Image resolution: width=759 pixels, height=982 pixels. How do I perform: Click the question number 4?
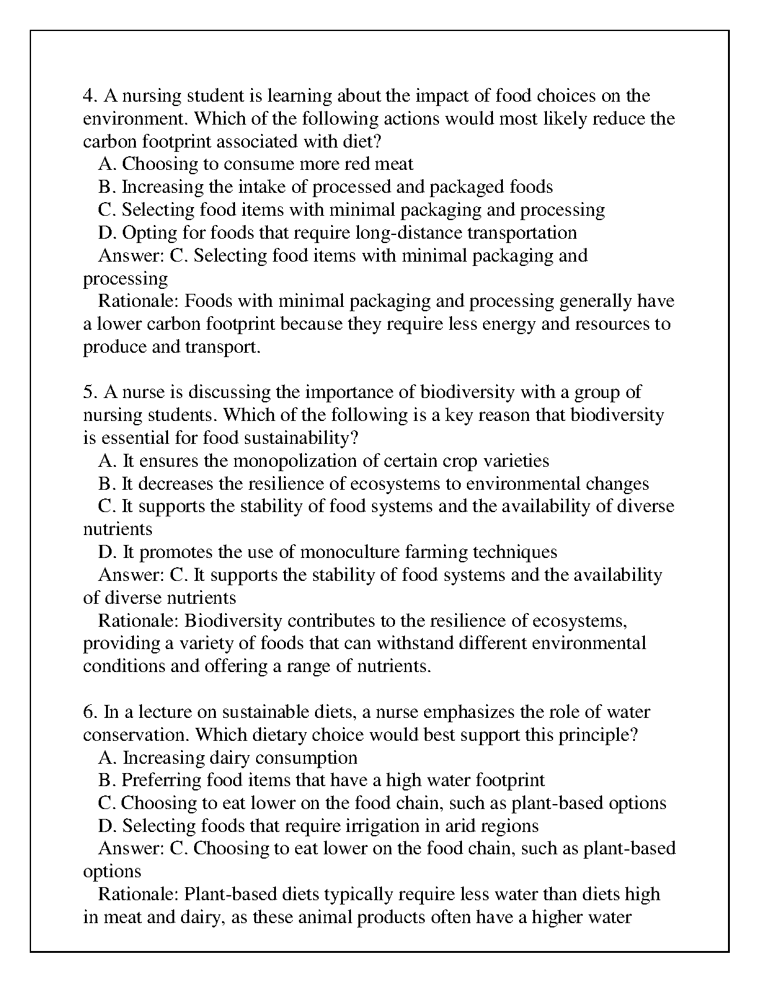(90, 96)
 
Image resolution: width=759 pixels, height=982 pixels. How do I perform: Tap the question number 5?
(90, 392)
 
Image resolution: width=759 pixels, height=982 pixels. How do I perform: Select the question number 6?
(90, 712)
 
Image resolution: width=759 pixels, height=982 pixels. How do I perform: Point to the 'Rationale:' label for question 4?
(139, 301)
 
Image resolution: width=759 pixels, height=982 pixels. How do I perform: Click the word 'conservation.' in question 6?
(136, 735)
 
